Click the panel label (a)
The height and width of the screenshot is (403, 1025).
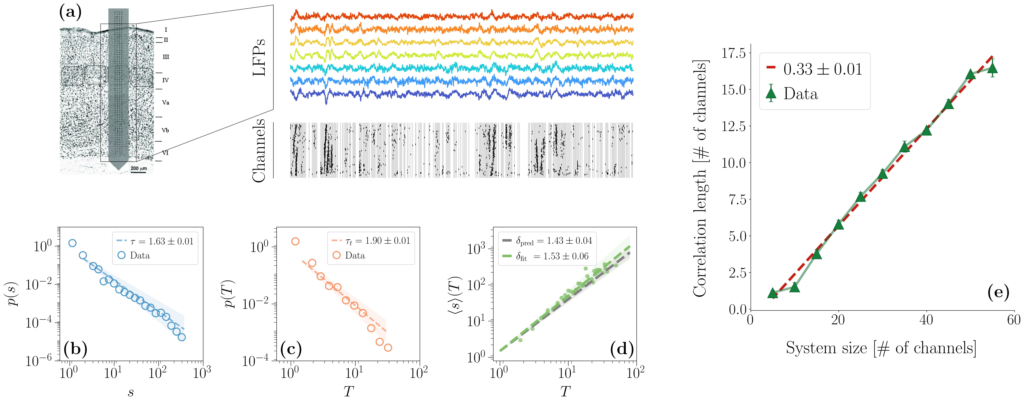tap(70, 13)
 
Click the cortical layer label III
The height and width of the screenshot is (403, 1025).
tap(166, 57)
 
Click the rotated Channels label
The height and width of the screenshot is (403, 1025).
tap(259, 150)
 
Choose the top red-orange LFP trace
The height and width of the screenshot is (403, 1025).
tap(462, 16)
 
